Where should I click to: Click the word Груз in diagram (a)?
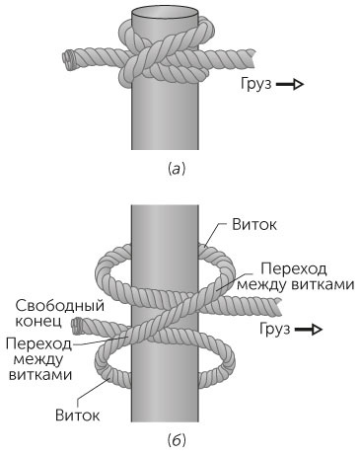[x=254, y=86]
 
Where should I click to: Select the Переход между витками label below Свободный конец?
[x=36, y=358]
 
